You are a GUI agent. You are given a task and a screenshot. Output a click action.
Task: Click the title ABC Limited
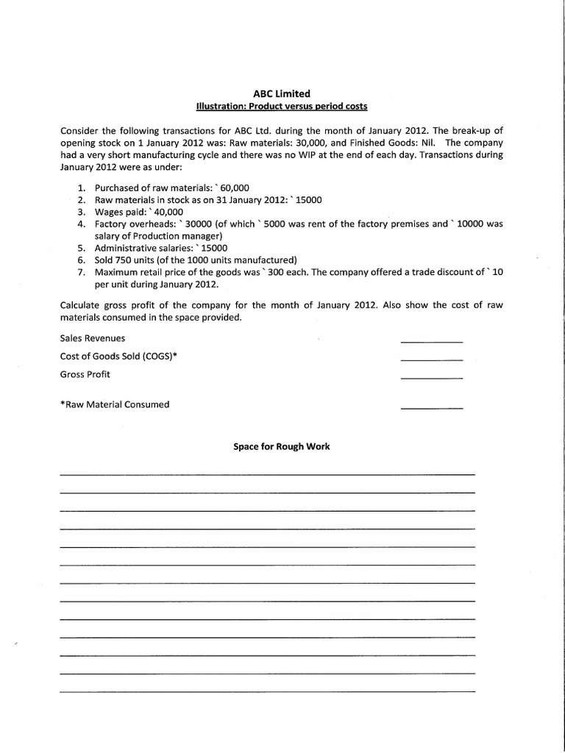[282, 93]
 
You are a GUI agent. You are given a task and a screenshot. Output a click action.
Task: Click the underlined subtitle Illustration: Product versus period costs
[282, 106]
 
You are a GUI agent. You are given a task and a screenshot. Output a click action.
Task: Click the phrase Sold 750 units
[130, 260]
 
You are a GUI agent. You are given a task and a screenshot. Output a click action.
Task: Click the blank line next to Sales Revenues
[431, 342]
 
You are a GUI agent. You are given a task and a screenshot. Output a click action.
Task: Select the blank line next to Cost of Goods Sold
[431, 360]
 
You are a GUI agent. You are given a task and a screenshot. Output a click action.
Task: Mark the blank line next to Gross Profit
[431, 377]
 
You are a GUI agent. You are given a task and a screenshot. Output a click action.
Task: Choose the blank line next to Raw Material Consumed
[431, 407]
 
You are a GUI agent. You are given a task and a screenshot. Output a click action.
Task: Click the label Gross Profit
[85, 374]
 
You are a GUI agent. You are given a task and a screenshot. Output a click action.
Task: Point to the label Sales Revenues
[93, 338]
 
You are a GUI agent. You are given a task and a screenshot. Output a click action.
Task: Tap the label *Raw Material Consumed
[115, 404]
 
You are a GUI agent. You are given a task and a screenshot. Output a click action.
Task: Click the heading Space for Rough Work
[282, 446]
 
